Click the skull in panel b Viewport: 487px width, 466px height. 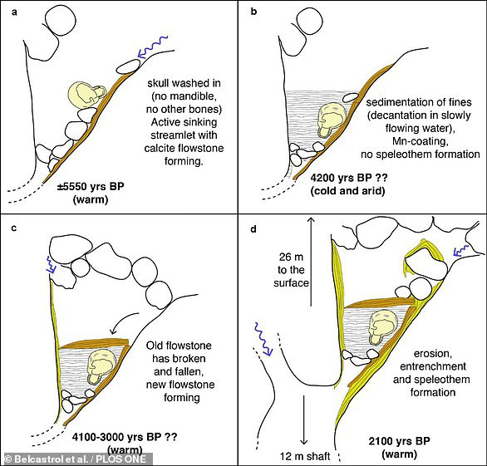point(331,120)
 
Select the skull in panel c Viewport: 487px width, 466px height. point(101,366)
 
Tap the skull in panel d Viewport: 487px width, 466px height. point(382,328)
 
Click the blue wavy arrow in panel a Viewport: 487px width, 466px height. point(153,47)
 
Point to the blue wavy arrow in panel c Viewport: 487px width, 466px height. point(51,265)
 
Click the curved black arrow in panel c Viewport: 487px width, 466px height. point(123,321)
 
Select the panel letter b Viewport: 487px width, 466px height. point(253,12)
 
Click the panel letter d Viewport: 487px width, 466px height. point(253,229)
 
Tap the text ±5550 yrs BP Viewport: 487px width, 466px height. point(91,187)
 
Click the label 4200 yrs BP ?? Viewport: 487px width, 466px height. point(349,178)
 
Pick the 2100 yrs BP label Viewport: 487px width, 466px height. point(400,440)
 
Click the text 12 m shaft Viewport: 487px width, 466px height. point(305,456)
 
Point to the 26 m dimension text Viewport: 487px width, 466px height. point(291,257)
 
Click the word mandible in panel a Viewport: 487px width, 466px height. point(184,96)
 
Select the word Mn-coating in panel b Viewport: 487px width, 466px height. point(420,141)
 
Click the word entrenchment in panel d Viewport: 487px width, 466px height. point(433,366)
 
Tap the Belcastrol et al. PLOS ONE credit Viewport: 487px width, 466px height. point(76,459)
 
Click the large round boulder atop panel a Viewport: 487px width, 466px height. point(61,20)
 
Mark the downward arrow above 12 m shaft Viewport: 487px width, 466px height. point(304,419)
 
